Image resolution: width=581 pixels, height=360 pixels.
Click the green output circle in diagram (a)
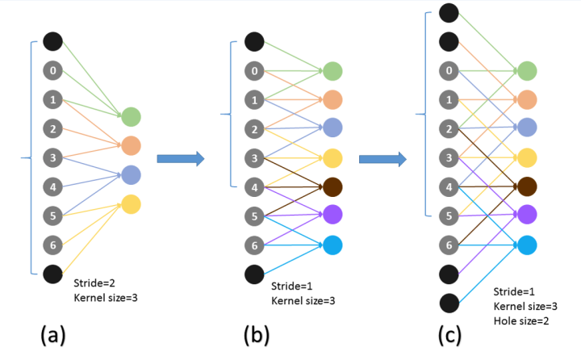pos(132,117)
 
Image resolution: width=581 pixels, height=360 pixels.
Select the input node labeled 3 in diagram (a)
pos(53,157)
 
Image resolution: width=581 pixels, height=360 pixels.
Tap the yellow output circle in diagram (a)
pos(132,204)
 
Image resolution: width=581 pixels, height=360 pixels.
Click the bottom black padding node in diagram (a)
pos(53,274)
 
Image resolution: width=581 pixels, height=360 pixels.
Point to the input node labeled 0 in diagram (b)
pos(254,70)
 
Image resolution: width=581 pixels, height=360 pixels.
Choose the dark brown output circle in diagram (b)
pos(332,186)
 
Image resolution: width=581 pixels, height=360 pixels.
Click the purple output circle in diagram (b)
pos(332,214)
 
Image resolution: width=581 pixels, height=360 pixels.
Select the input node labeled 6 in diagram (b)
pos(254,245)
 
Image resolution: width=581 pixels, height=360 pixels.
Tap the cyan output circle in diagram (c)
pos(527,245)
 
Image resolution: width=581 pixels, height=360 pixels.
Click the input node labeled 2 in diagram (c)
pos(449,128)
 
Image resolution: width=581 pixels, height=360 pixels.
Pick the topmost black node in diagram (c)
pos(449,13)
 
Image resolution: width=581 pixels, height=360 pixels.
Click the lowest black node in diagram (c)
pos(449,303)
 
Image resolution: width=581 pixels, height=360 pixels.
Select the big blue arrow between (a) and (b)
pos(181,159)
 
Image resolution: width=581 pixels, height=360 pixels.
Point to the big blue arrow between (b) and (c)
pos(382,159)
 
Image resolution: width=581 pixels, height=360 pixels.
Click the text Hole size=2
pos(521,320)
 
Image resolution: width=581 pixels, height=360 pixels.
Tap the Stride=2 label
pos(94,283)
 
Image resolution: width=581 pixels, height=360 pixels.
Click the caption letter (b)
pos(257,335)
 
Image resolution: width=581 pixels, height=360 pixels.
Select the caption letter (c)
pos(449,335)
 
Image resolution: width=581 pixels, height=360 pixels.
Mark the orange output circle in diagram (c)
pos(527,100)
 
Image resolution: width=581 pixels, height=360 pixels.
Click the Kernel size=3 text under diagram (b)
pos(303,301)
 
